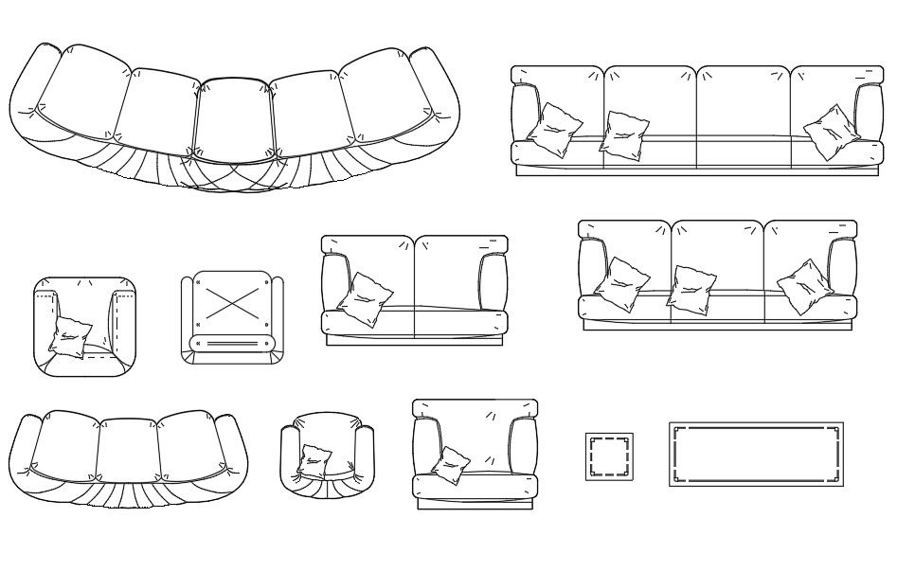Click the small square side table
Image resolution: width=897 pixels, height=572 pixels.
[609, 456]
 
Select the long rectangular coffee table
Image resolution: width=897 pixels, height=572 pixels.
[756, 455]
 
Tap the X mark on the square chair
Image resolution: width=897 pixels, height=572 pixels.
[230, 303]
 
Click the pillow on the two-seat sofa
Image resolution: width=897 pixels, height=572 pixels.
[364, 299]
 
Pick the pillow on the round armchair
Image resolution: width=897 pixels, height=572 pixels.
[314, 460]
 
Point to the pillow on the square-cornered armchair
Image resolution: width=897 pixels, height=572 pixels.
[70, 336]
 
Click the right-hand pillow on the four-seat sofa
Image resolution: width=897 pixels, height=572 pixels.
[830, 131]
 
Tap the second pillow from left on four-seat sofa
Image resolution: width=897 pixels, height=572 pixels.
[624, 132]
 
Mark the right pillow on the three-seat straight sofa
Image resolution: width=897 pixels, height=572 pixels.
[805, 286]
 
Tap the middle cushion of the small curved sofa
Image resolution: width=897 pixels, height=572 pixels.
[129, 445]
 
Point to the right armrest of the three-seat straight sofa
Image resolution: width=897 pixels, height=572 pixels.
[842, 268]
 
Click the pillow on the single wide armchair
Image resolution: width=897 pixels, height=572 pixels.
[452, 464]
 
